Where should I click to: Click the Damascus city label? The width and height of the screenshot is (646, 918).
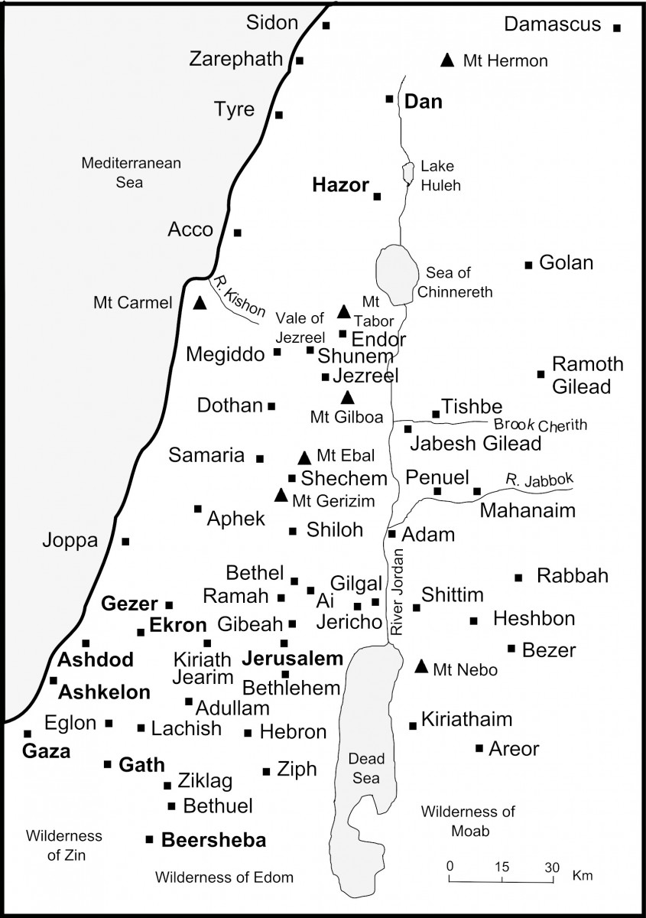pyautogui.click(x=552, y=24)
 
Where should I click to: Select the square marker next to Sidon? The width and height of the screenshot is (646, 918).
pyautogui.click(x=326, y=25)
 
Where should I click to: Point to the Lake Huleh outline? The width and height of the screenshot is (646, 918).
pyautogui.click(x=407, y=173)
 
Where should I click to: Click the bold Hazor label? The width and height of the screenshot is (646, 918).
pyautogui.click(x=341, y=185)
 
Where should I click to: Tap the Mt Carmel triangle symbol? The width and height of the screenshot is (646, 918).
pyautogui.click(x=200, y=303)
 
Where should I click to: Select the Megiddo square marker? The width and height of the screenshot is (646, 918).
pyautogui.click(x=278, y=353)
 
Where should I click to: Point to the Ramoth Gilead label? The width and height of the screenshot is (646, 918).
pyautogui.click(x=587, y=375)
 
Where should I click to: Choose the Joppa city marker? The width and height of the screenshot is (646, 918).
pyautogui.click(x=126, y=541)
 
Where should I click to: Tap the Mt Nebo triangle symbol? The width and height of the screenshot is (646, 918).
pyautogui.click(x=421, y=666)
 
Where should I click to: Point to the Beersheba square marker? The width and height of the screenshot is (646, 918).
pyautogui.click(x=149, y=839)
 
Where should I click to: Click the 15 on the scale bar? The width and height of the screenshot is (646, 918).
pyautogui.click(x=502, y=868)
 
